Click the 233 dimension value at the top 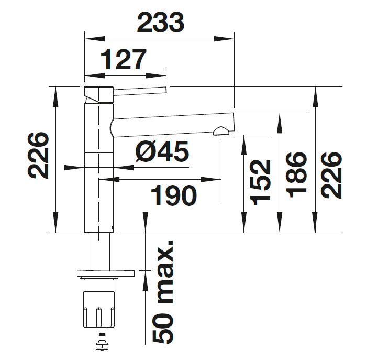pyautogui.click(x=161, y=23)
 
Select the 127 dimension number pyautogui.click(x=124, y=59)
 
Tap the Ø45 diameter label pyautogui.click(x=162, y=151)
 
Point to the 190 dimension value pyautogui.click(x=174, y=195)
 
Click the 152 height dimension pyautogui.click(x=260, y=183)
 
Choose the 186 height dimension pyautogui.click(x=296, y=175)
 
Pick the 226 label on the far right pyautogui.click(x=331, y=176)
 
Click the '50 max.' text pyautogui.click(x=163, y=292)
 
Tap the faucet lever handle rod pyautogui.click(x=140, y=91)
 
